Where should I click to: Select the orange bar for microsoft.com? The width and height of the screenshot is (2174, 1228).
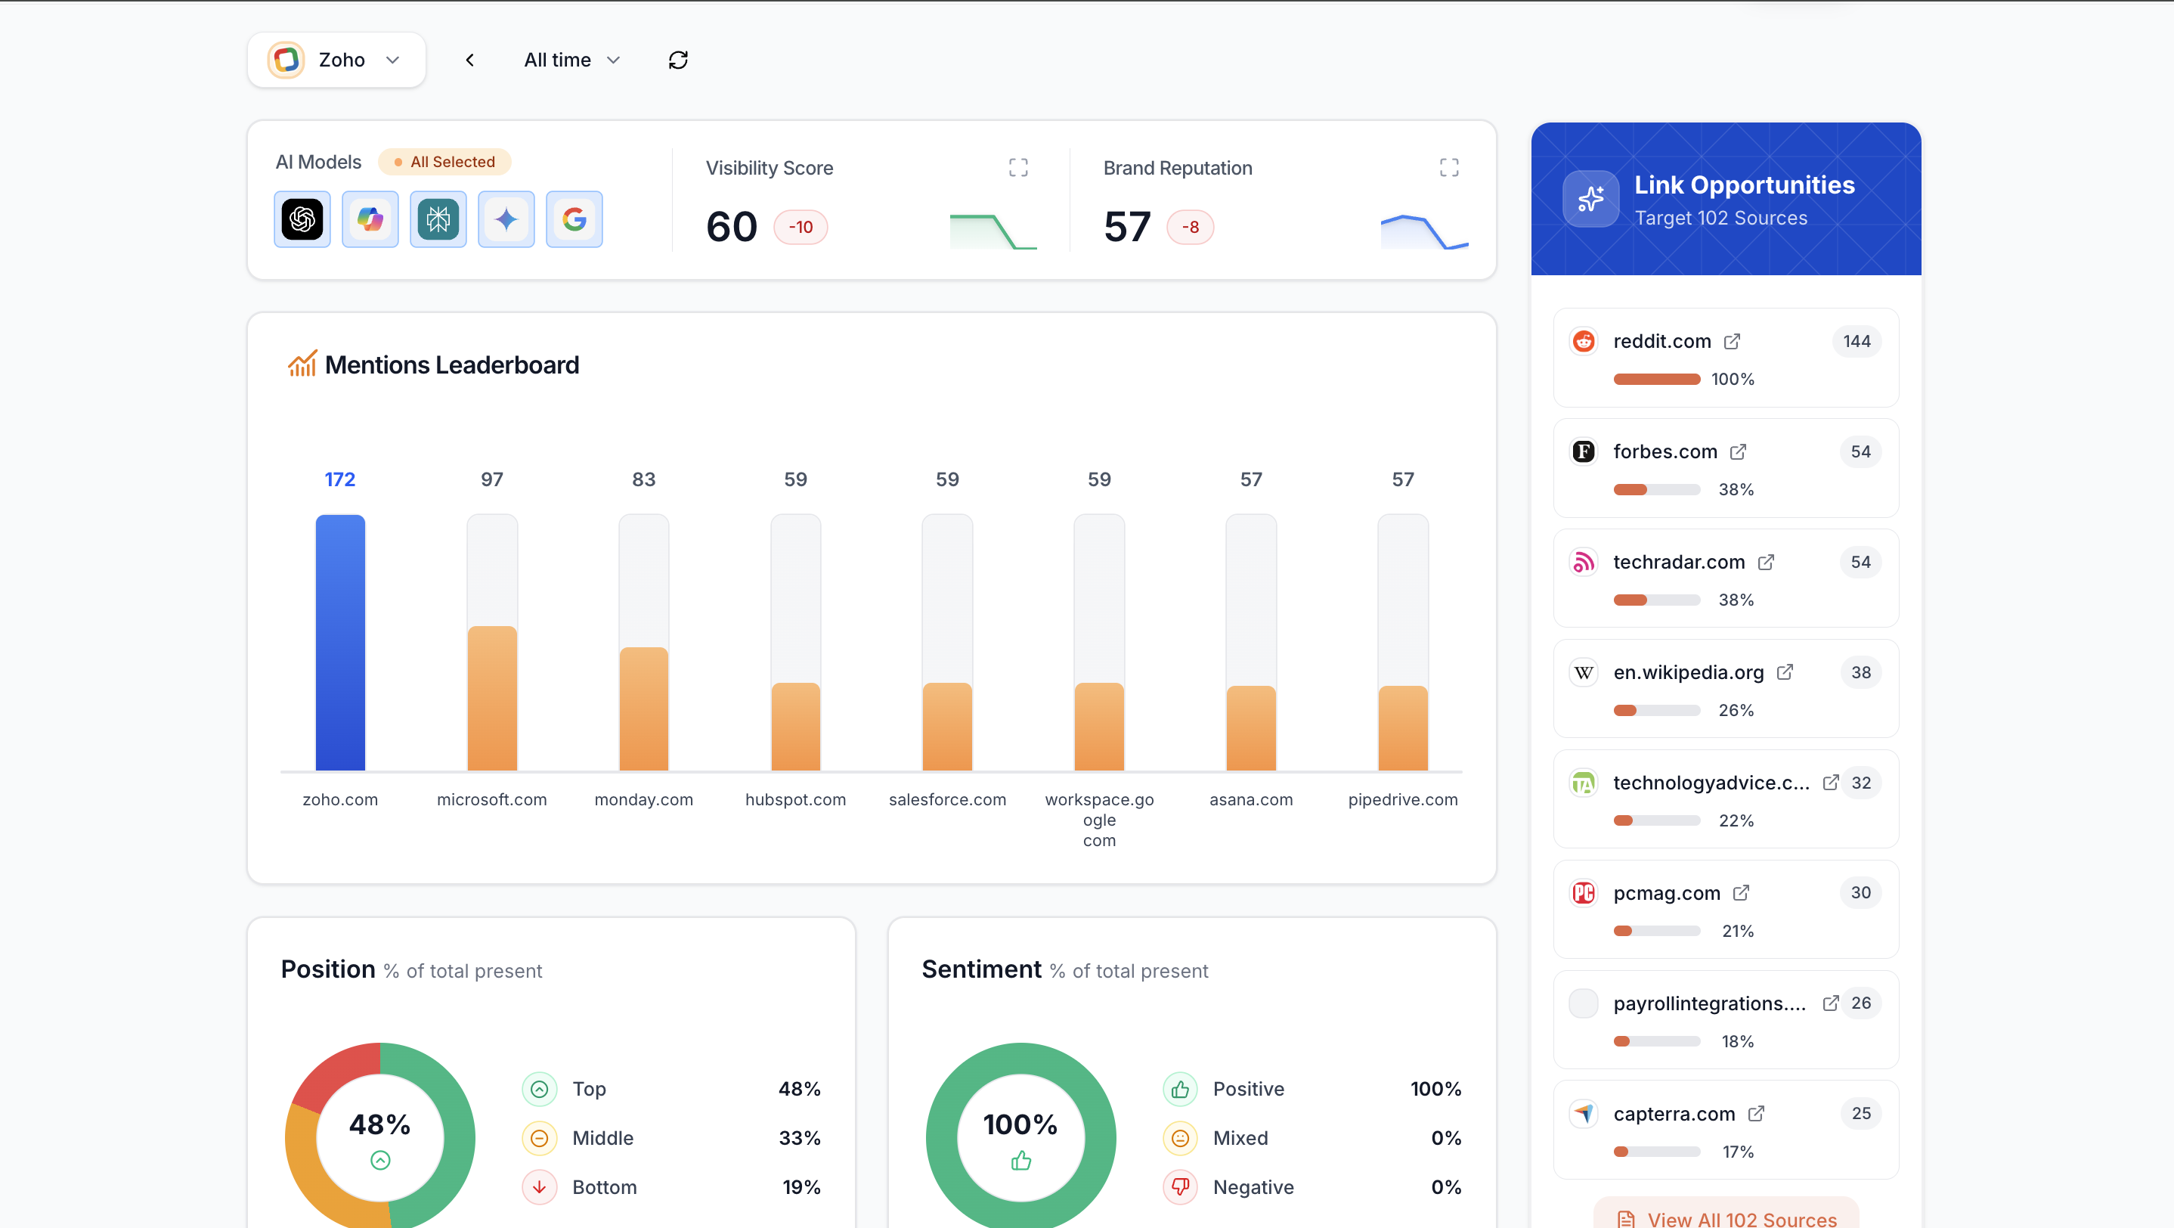point(492,698)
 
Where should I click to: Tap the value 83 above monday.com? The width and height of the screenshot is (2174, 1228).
point(644,479)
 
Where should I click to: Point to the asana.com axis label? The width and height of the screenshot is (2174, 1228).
point(1251,799)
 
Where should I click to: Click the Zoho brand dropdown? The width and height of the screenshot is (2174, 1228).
point(336,60)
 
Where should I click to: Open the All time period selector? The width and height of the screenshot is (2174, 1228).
point(571,60)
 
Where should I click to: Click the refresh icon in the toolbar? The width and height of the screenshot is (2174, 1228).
point(678,60)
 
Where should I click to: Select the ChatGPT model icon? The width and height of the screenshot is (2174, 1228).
point(302,219)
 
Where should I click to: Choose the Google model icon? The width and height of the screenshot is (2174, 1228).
point(574,219)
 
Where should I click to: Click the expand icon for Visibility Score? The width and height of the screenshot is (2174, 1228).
point(1017,167)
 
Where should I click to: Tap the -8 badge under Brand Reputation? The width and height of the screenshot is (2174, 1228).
point(1190,227)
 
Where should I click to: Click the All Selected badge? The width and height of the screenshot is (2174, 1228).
point(444,162)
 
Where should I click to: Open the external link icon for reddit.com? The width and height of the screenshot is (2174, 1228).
point(1732,341)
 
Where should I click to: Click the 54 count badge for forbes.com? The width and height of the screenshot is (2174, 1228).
point(1860,451)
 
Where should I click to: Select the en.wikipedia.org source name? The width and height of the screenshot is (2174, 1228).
point(1688,673)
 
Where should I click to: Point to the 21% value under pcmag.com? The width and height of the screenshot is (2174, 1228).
point(1737,931)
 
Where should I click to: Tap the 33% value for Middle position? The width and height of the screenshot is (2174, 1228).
point(799,1138)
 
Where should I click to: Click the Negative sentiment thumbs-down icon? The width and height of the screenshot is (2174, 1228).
point(1180,1186)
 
